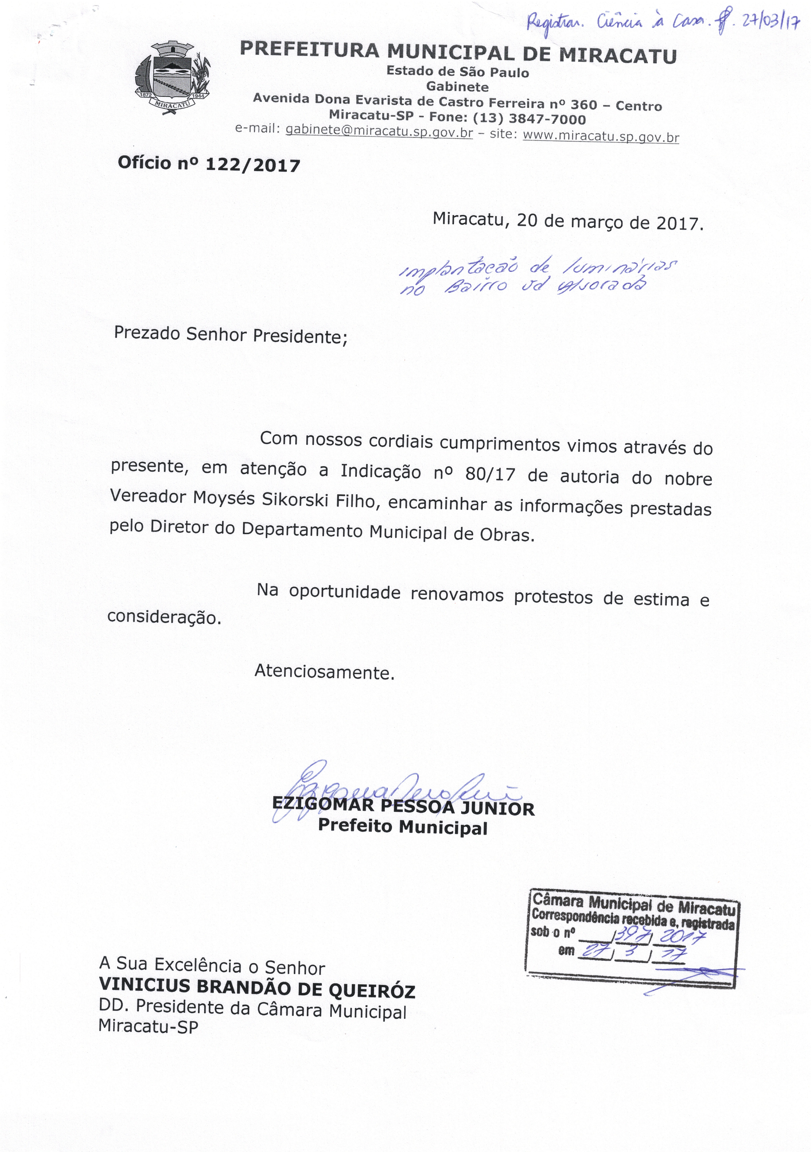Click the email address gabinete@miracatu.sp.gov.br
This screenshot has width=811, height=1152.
click(x=379, y=131)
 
